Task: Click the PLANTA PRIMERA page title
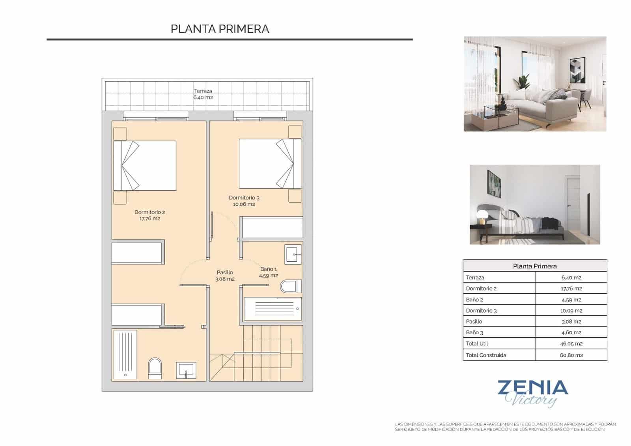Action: click(220, 29)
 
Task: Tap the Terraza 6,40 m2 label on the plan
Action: click(203, 94)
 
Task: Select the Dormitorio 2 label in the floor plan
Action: click(149, 215)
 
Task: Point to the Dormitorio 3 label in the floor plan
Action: click(244, 201)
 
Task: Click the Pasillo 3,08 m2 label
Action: click(225, 275)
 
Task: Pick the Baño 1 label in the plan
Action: click(269, 272)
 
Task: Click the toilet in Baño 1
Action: click(291, 286)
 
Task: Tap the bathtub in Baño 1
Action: click(272, 309)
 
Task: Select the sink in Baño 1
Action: click(293, 255)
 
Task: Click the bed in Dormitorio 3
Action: click(270, 163)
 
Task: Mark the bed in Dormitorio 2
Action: click(145, 165)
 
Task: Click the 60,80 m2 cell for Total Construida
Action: click(571, 355)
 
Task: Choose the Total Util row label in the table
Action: click(477, 343)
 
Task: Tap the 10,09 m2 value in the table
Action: click(571, 311)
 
